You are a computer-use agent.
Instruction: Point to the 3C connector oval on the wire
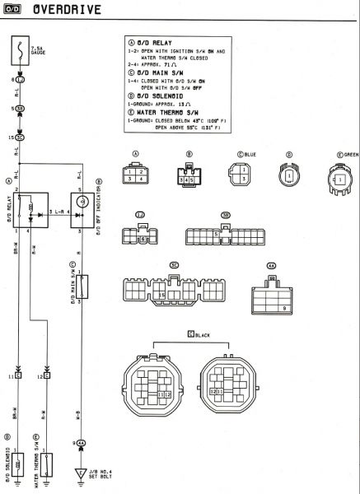(20, 137)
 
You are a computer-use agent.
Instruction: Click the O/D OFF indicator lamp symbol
(82, 202)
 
